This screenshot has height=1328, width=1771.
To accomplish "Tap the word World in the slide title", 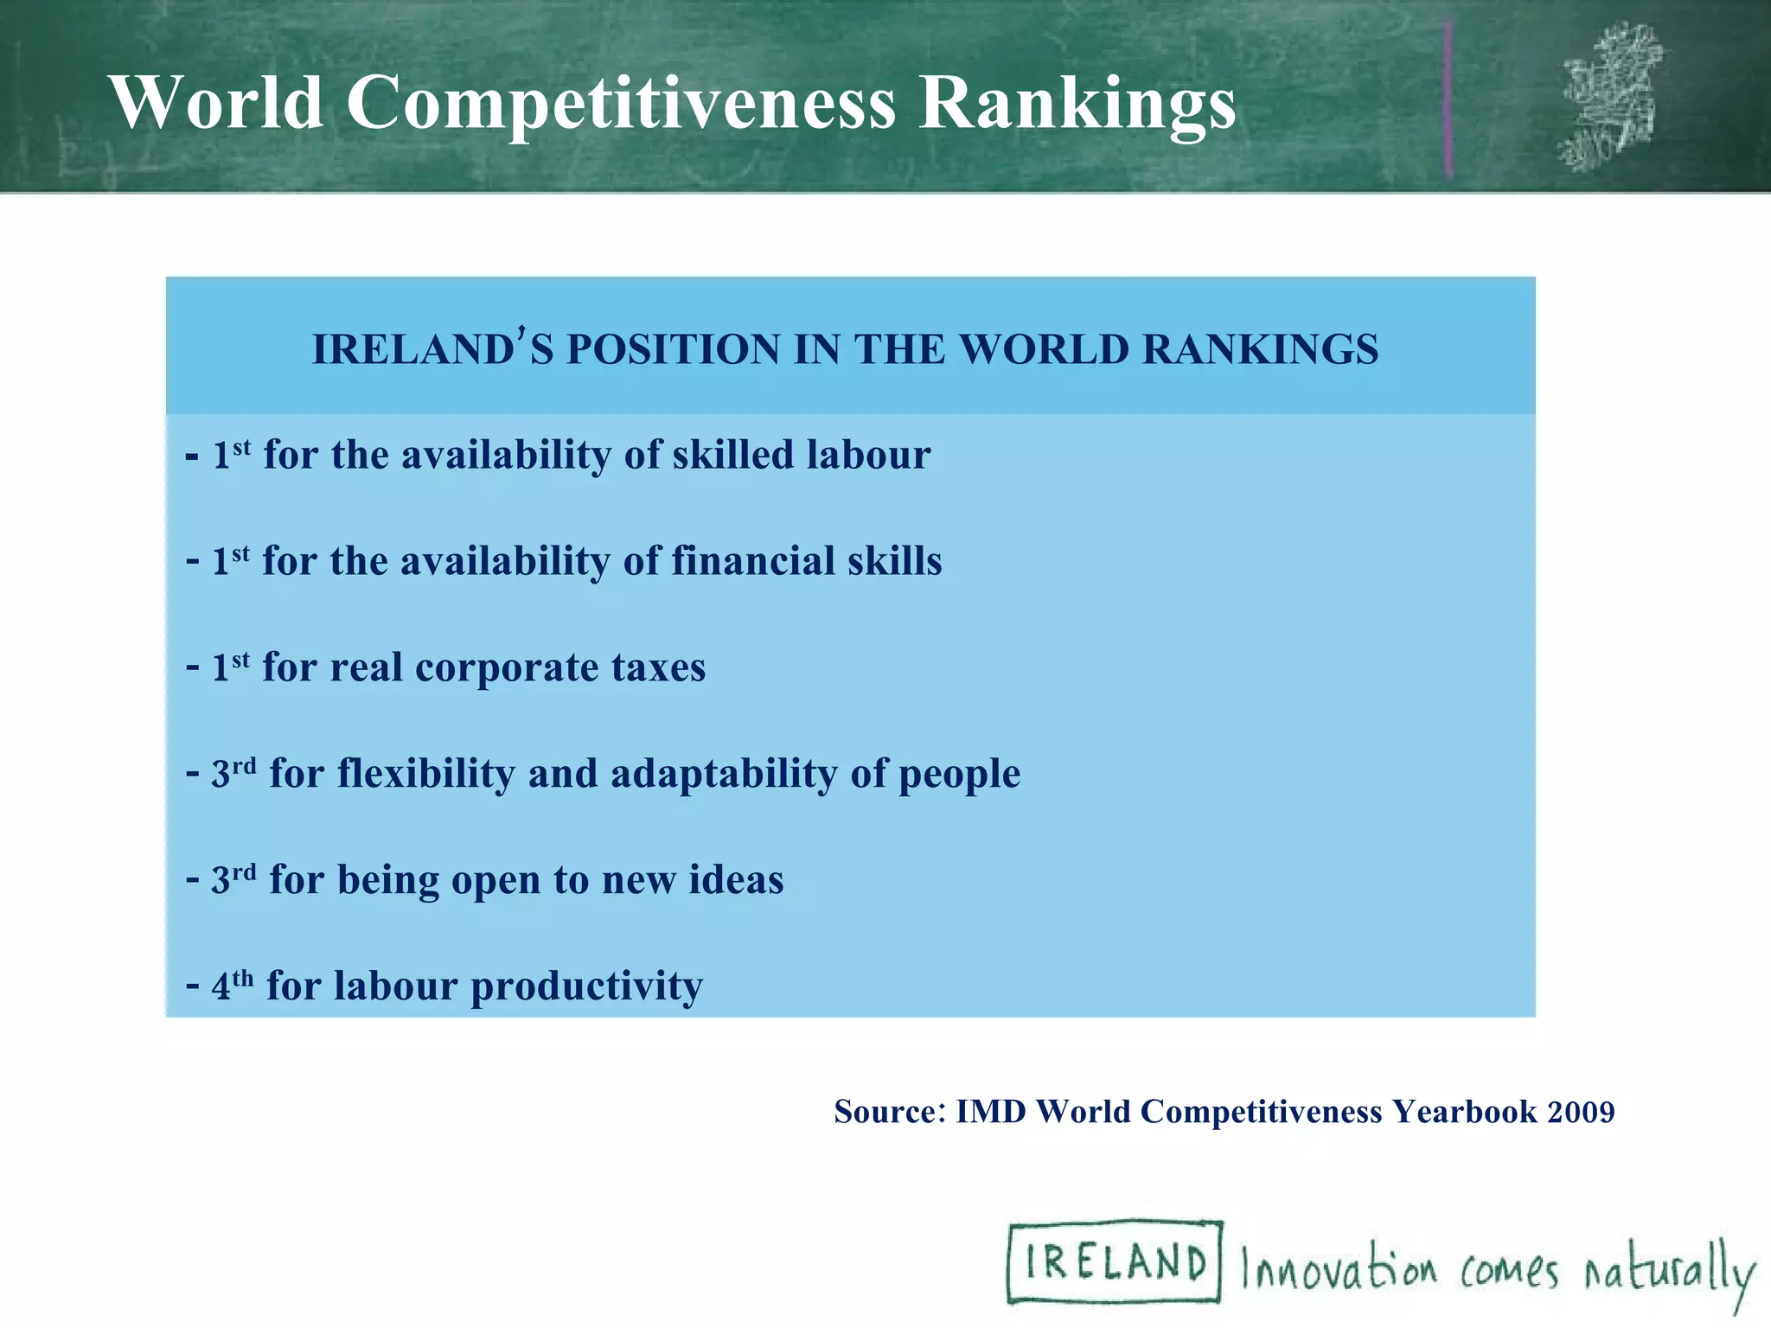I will [217, 104].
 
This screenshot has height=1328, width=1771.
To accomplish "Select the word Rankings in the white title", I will [1077, 104].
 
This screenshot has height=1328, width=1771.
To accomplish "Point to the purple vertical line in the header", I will [1448, 99].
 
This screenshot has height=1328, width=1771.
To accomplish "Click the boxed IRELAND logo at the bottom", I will [1115, 1261].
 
